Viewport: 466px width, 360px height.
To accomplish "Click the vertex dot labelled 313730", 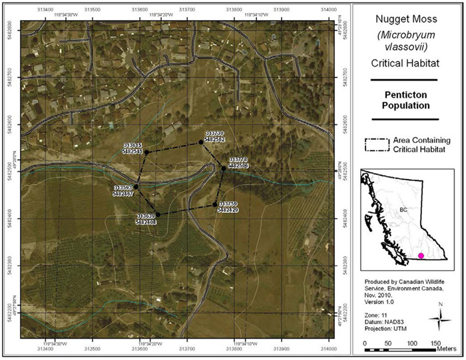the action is click(x=200, y=142).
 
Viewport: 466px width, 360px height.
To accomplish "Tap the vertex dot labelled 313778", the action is click(x=224, y=168).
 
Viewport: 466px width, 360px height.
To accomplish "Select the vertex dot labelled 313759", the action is click(x=215, y=204).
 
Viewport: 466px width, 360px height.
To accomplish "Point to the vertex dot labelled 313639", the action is click(x=158, y=214).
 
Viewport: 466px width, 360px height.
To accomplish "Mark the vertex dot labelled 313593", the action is click(x=136, y=187).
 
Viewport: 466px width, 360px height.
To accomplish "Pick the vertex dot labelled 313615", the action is click(x=148, y=152).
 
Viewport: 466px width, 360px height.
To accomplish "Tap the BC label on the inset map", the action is click(x=403, y=210).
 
